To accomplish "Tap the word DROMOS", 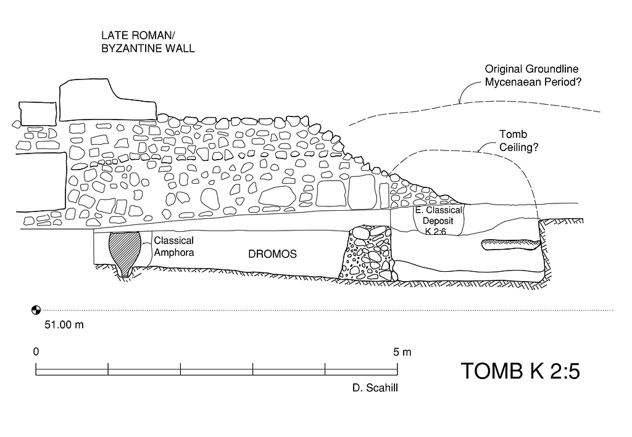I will pos(272,254).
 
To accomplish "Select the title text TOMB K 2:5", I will pos(520,371).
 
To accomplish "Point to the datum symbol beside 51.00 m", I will pos(36,309).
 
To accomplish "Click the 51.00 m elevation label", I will pos(64,324).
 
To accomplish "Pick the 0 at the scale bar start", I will pos(36,352).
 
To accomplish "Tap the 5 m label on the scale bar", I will pos(402,352).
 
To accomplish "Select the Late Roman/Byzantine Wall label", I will pos(148,42).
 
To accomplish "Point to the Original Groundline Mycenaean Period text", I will pos(534,76).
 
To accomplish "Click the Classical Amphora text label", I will pos(173,245).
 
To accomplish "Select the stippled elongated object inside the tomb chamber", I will pos(512,245).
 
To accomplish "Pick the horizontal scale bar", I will pos(217,370).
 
